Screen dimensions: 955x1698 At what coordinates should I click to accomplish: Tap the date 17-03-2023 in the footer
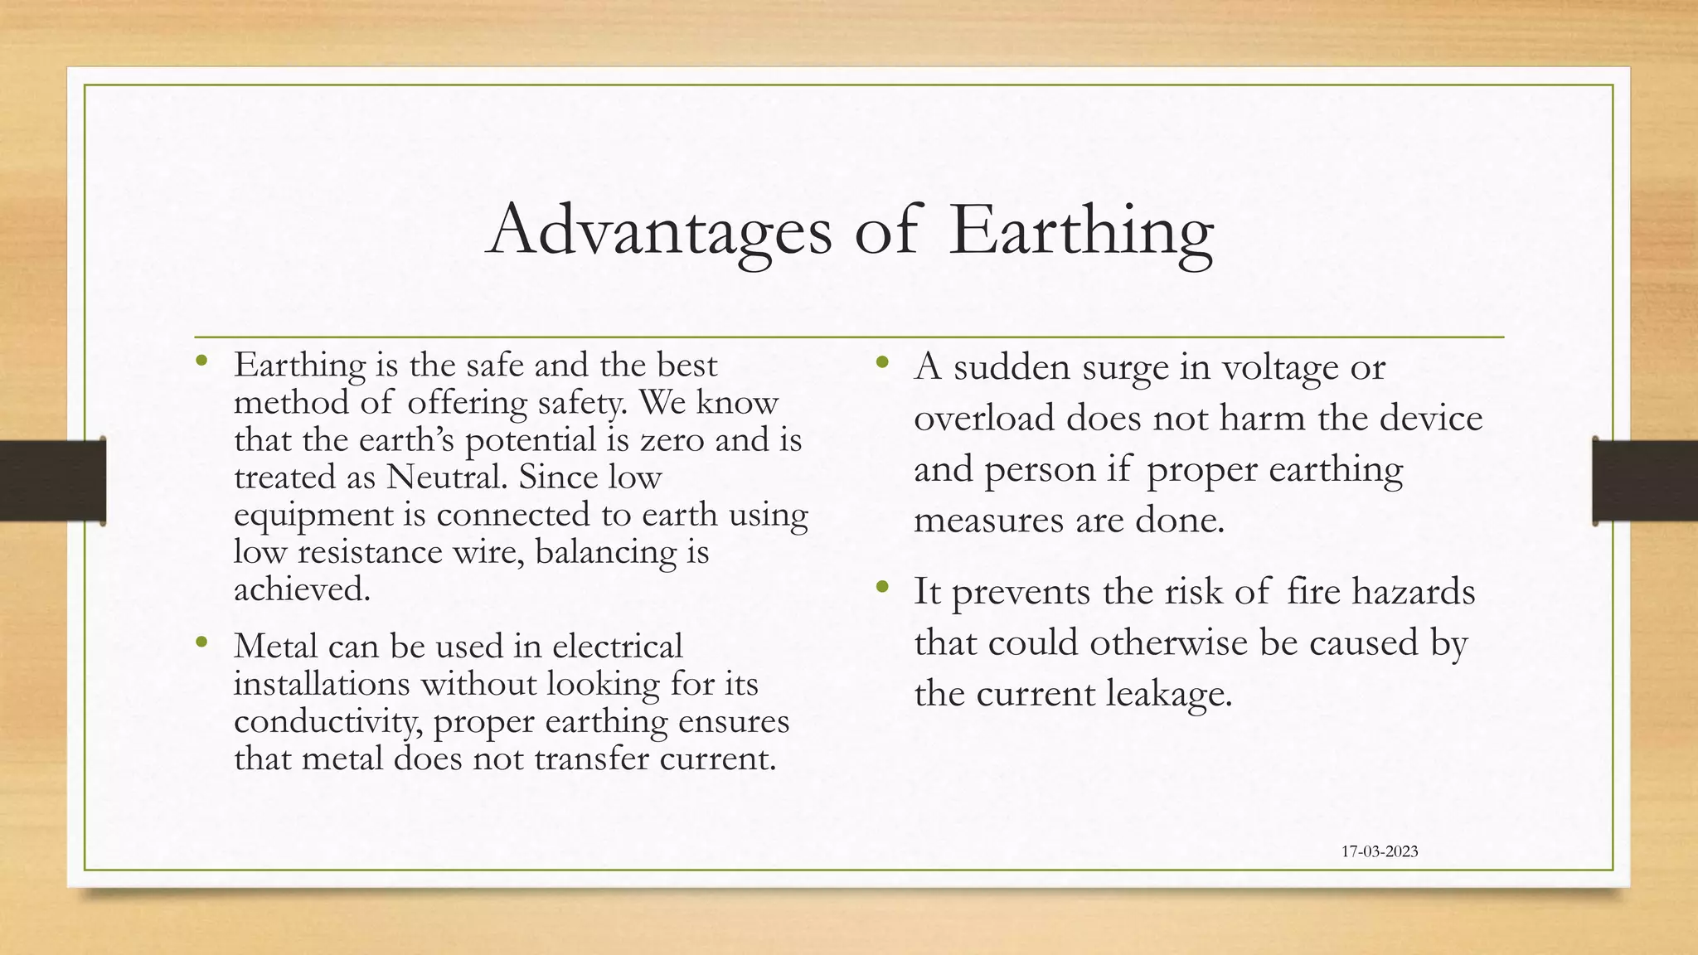tap(1380, 851)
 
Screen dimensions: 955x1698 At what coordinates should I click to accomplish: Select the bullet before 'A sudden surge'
tap(881, 362)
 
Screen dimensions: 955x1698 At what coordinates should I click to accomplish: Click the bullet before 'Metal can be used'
tap(201, 642)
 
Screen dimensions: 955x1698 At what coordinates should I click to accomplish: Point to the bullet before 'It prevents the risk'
tap(881, 587)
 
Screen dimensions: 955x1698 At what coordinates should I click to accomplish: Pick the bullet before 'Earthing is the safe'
tap(201, 361)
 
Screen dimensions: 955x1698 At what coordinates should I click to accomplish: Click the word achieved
tap(302, 589)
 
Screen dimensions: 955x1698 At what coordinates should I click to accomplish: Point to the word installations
tap(322, 684)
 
